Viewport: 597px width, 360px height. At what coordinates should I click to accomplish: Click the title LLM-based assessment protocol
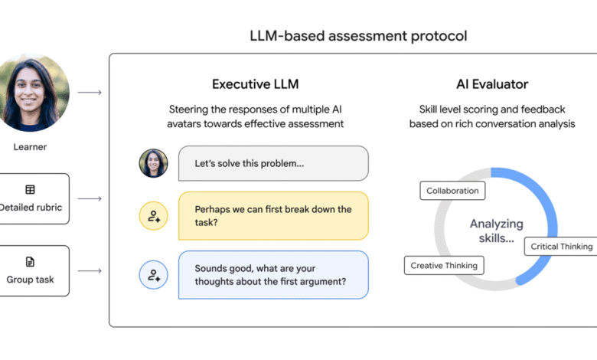[x=358, y=36]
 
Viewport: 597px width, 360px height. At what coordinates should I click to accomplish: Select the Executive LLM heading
[x=256, y=84]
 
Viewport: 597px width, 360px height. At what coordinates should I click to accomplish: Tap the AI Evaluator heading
[x=492, y=84]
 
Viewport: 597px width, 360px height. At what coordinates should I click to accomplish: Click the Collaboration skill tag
[x=452, y=191]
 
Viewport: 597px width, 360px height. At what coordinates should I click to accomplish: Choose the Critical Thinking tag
[x=561, y=247]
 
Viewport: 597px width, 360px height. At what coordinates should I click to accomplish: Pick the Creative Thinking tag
[x=444, y=266]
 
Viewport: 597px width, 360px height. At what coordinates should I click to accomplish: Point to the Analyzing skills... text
[x=497, y=231]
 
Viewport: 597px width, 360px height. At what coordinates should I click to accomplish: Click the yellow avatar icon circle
[x=153, y=216]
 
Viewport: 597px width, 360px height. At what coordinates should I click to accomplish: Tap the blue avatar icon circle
[x=153, y=275]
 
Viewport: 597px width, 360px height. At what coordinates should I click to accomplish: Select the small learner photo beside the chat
[x=153, y=163]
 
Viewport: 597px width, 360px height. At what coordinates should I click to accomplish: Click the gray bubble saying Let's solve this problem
[x=273, y=163]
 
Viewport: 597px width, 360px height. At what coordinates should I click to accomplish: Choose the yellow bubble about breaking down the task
[x=273, y=216]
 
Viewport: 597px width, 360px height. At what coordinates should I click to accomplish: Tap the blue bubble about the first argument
[x=273, y=275]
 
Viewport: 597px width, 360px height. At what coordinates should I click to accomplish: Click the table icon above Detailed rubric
[x=30, y=189]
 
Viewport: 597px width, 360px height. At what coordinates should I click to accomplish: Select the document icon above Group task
[x=30, y=262]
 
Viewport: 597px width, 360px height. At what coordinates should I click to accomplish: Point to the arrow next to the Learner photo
[x=90, y=92]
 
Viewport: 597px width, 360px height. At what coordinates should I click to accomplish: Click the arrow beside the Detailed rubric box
[x=90, y=198]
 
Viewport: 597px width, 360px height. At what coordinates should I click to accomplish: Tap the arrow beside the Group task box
[x=90, y=271]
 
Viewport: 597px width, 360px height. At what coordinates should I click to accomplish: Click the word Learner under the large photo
[x=30, y=147]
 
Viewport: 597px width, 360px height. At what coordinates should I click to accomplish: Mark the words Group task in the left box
[x=30, y=280]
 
